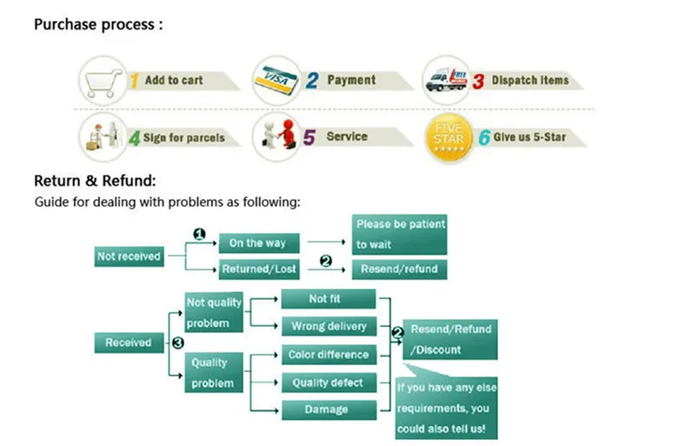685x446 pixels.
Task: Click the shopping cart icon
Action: [x=103, y=83]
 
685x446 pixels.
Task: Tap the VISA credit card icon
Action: [x=276, y=80]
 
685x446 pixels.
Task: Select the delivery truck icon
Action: [x=446, y=80]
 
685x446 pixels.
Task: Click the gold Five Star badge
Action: [x=449, y=138]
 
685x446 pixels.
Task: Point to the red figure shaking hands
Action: [x=288, y=133]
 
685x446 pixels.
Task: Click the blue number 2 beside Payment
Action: [x=312, y=80]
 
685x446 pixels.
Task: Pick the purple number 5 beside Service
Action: [x=309, y=137]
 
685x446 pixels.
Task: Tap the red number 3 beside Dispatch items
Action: [x=478, y=81]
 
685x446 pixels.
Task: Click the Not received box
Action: [x=129, y=256]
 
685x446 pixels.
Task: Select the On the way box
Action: [x=259, y=243]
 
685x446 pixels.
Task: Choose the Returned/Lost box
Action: [x=259, y=270]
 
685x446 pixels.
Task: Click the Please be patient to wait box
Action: [x=399, y=235]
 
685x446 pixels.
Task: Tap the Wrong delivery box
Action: [x=329, y=326]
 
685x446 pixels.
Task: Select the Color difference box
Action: [x=329, y=354]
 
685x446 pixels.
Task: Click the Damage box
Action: [x=329, y=409]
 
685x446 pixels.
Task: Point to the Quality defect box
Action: [x=329, y=383]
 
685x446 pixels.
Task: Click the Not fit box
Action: [x=329, y=299]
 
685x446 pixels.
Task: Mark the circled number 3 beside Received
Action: [x=178, y=343]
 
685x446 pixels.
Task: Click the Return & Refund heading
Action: [x=95, y=181]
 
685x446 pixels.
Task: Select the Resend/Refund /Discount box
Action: [x=450, y=339]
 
